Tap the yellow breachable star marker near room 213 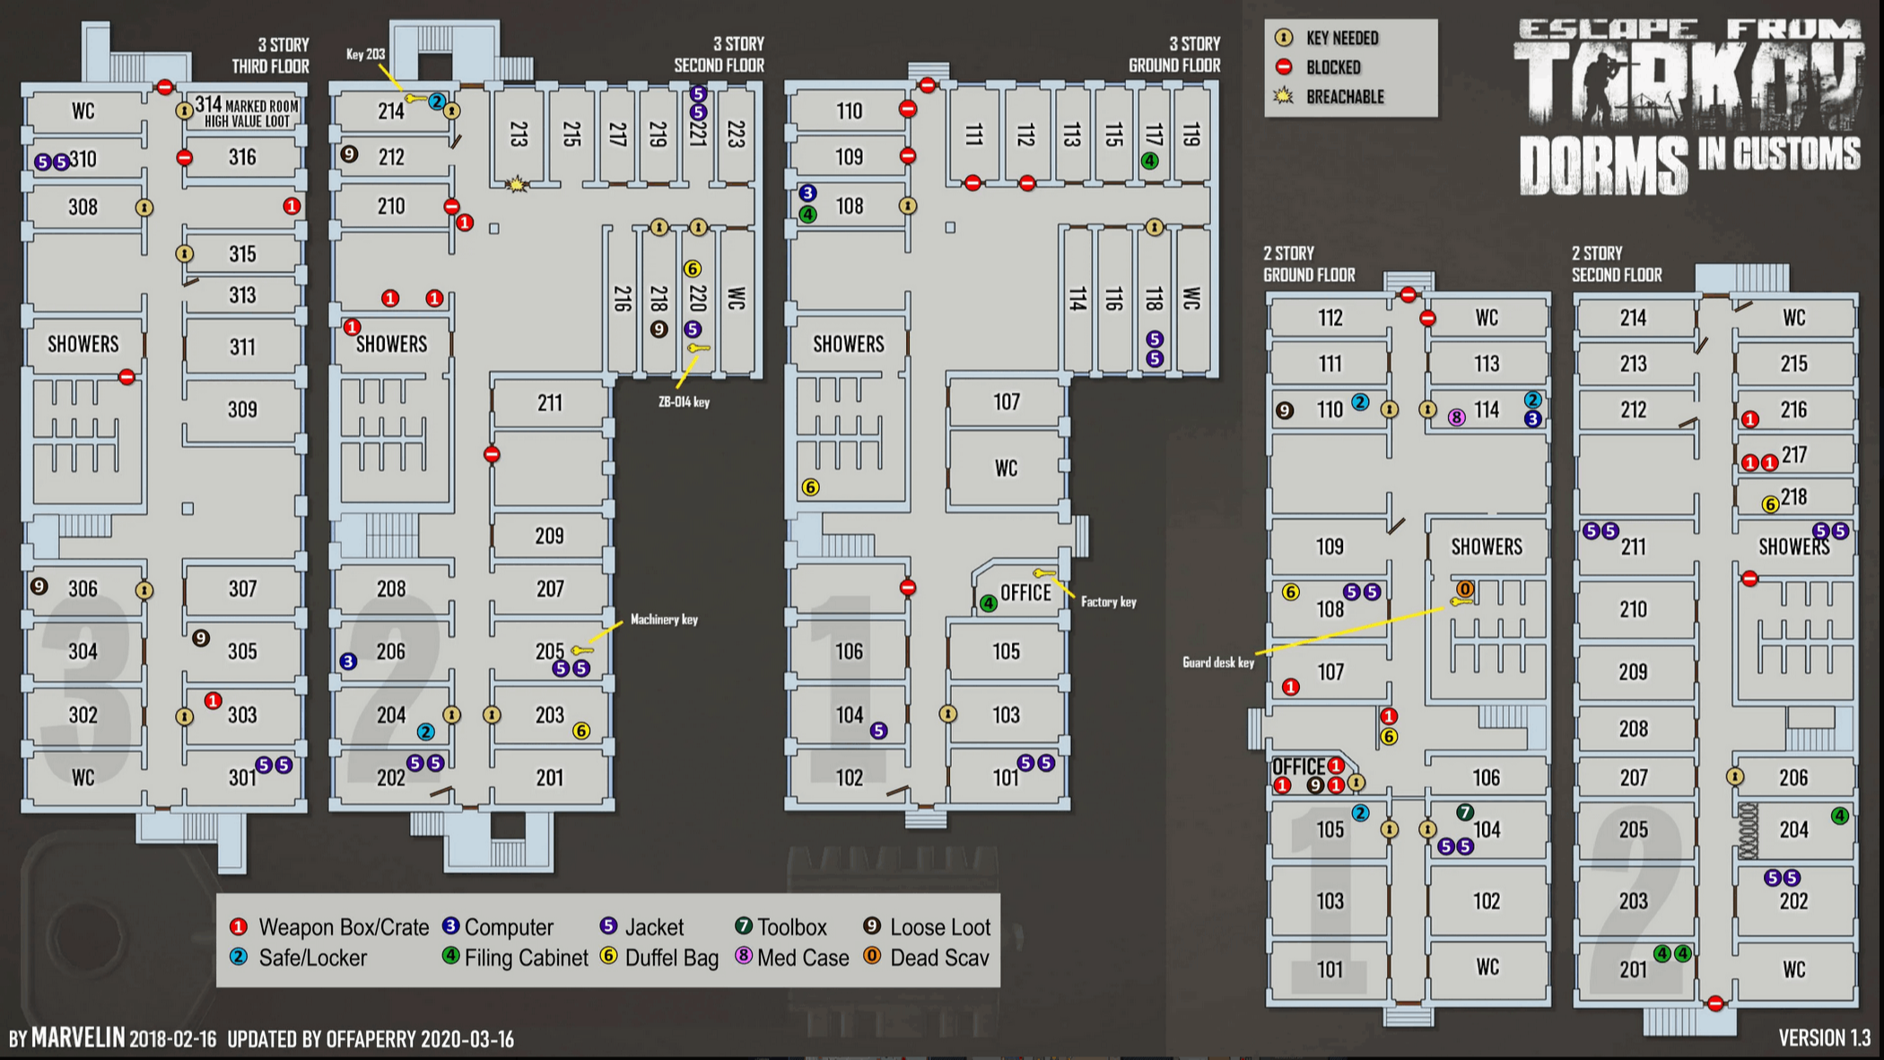click(516, 184)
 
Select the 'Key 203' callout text click(365, 55)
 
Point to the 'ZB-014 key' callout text click(684, 402)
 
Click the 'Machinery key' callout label click(664, 619)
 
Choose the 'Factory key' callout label click(1108, 602)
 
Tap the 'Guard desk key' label click(1217, 662)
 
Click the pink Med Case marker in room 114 click(1456, 417)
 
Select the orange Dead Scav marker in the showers click(1464, 589)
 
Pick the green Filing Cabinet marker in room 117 click(1149, 162)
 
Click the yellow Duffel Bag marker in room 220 click(692, 268)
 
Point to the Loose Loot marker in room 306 click(39, 586)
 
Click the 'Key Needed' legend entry click(1341, 38)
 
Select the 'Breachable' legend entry click(1344, 97)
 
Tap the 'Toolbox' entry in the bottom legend click(791, 927)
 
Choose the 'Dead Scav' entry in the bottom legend click(938, 958)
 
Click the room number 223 click(736, 134)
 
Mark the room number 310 click(83, 160)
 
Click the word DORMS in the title click(1603, 165)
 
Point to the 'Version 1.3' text click(1824, 1038)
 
